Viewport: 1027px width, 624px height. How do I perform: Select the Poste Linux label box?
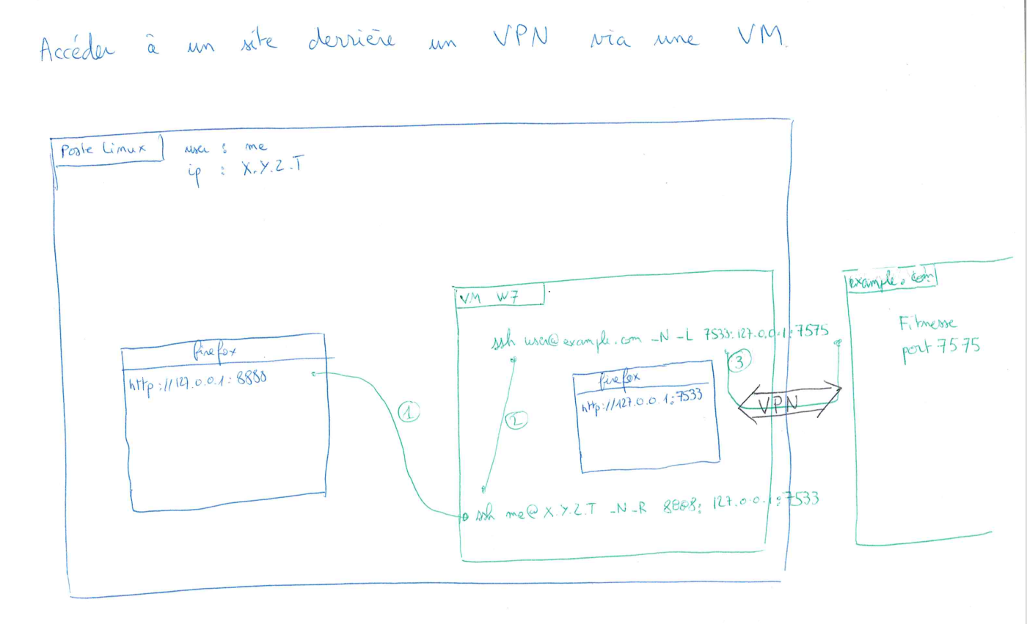(103, 149)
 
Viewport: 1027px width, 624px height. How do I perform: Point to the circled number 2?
(516, 420)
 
